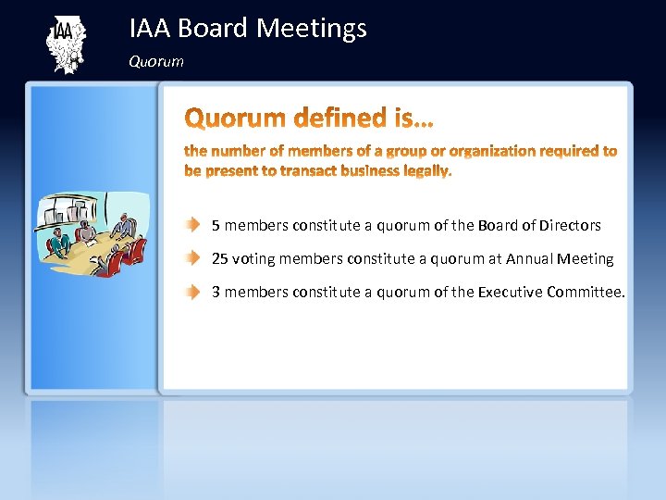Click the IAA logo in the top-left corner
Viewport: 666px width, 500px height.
[x=65, y=44]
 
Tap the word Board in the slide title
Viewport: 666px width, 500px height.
[x=213, y=29]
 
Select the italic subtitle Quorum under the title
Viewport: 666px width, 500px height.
[x=156, y=62]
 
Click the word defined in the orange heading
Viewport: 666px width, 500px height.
[x=333, y=119]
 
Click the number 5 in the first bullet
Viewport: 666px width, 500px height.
[x=216, y=225]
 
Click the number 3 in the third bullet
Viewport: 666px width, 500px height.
[x=216, y=292]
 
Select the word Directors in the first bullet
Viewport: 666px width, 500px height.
[x=570, y=225]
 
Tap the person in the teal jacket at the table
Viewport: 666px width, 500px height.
[x=60, y=243]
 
